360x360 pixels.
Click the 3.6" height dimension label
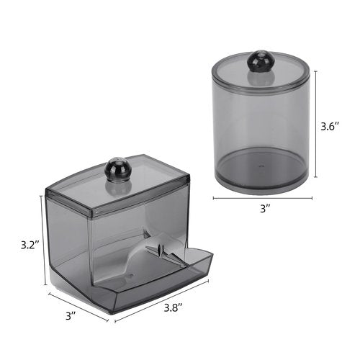(330, 126)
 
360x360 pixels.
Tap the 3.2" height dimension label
(30, 245)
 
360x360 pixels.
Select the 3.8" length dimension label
(174, 307)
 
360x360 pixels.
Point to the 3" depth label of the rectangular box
(71, 316)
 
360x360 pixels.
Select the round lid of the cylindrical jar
(261, 72)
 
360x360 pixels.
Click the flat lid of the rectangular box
(117, 185)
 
